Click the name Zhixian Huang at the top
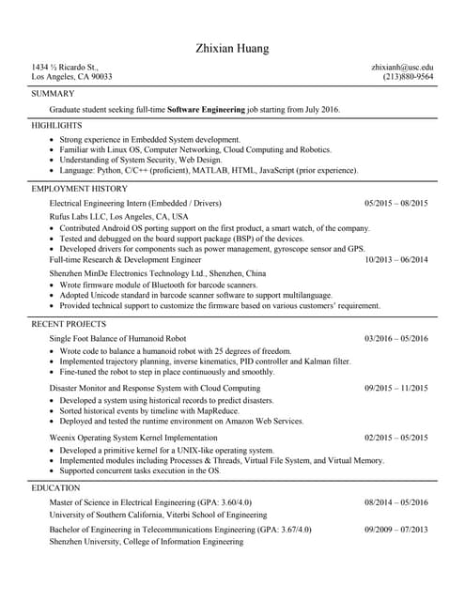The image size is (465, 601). (232, 48)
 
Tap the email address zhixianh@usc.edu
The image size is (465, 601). (402, 68)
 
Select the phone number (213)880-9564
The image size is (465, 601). (408, 78)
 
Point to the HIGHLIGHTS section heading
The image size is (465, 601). (56, 125)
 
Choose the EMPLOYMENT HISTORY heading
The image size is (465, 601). (79, 188)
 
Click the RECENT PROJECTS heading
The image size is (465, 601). (66, 323)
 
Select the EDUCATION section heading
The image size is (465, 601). (55, 488)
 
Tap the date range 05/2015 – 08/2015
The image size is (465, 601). (395, 203)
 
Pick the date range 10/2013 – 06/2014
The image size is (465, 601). (395, 259)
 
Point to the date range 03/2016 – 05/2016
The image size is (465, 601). (395, 338)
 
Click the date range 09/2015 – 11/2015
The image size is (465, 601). (395, 388)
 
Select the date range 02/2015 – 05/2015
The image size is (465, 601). (395, 437)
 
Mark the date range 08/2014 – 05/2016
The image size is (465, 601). (395, 502)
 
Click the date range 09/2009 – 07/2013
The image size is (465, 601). (395, 530)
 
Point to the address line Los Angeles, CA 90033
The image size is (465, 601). (71, 78)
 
